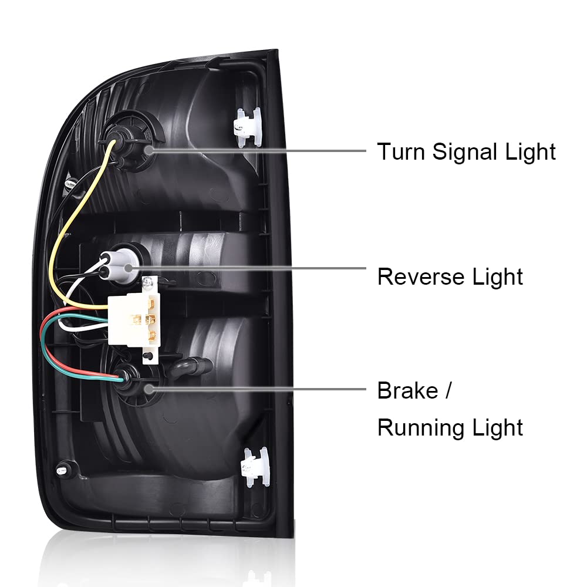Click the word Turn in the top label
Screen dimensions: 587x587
coord(401,151)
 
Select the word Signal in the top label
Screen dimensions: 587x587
coord(466,152)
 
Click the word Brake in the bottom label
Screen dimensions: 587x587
coord(407,390)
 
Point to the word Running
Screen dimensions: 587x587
coord(420,427)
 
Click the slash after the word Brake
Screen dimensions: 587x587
coord(448,391)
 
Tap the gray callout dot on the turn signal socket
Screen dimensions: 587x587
coord(148,150)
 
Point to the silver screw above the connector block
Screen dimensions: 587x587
coord(151,284)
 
